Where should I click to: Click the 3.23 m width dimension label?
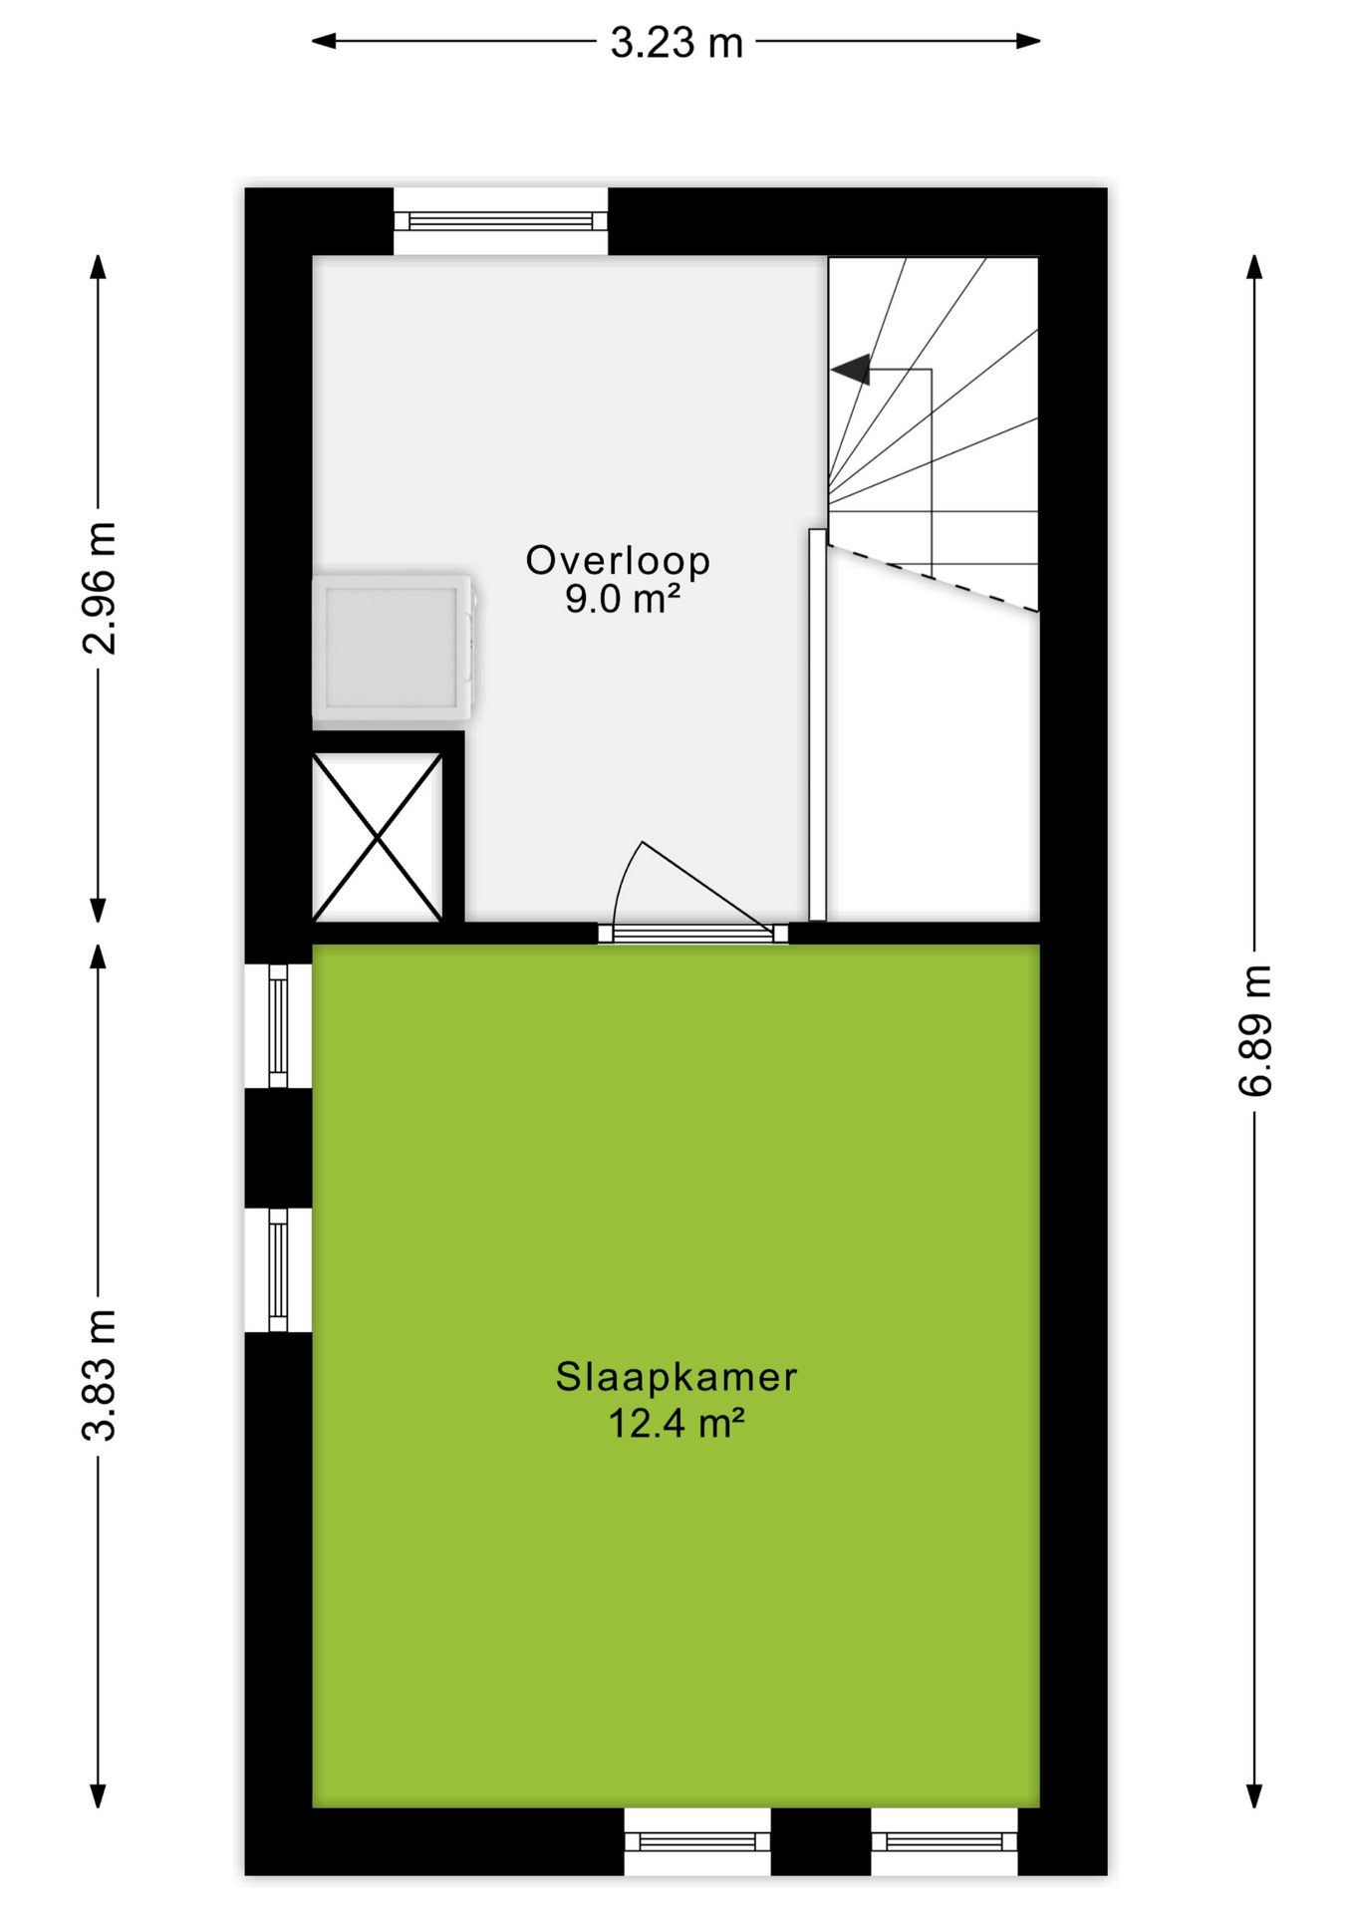tap(676, 42)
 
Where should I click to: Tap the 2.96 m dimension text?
tap(100, 588)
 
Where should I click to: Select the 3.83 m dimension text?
tap(100, 1375)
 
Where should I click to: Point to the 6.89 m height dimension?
tap(1255, 1030)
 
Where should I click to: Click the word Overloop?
tap(618, 560)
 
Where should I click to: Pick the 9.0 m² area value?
tap(623, 599)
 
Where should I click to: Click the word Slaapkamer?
tap(676, 1377)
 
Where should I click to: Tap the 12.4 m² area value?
tap(676, 1423)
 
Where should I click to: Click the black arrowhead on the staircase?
tap(852, 370)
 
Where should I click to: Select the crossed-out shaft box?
tap(378, 837)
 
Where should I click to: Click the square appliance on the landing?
tap(393, 647)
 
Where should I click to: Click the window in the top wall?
tap(500, 221)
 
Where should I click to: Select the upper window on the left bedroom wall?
tap(278, 1025)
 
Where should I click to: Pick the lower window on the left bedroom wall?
tap(278, 1269)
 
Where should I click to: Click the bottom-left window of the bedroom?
tap(697, 1841)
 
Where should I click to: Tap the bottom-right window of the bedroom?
tap(945, 1841)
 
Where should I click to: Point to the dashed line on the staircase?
tap(933, 578)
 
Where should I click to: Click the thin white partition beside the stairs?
tap(817, 724)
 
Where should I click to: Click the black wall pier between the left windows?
tap(278, 1148)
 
